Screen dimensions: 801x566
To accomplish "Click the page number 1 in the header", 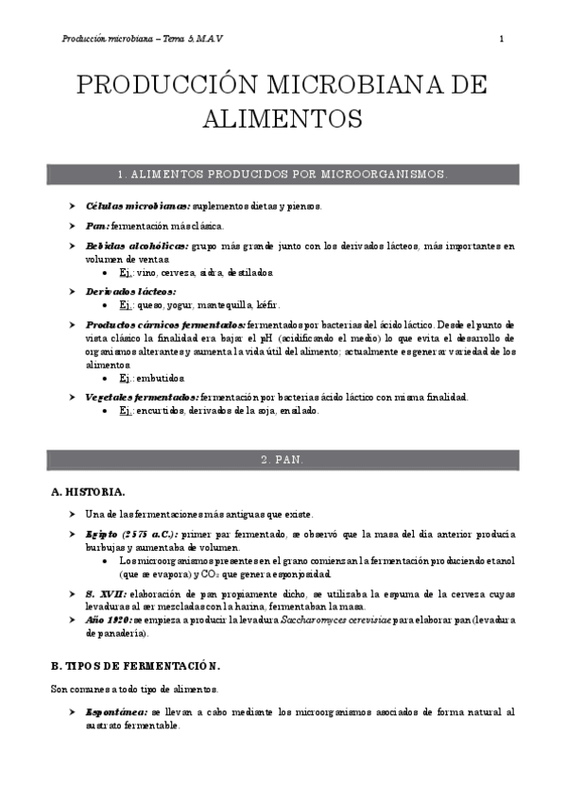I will [501, 39].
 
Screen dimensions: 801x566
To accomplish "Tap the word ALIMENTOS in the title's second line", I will [283, 120].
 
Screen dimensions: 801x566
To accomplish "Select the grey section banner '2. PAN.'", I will [283, 459].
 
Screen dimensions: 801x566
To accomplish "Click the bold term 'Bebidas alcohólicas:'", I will [136, 247].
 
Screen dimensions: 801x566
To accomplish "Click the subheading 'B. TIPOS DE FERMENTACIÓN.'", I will [135, 665].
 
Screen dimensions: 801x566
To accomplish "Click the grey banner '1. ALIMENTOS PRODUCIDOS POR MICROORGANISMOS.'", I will [283, 176].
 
